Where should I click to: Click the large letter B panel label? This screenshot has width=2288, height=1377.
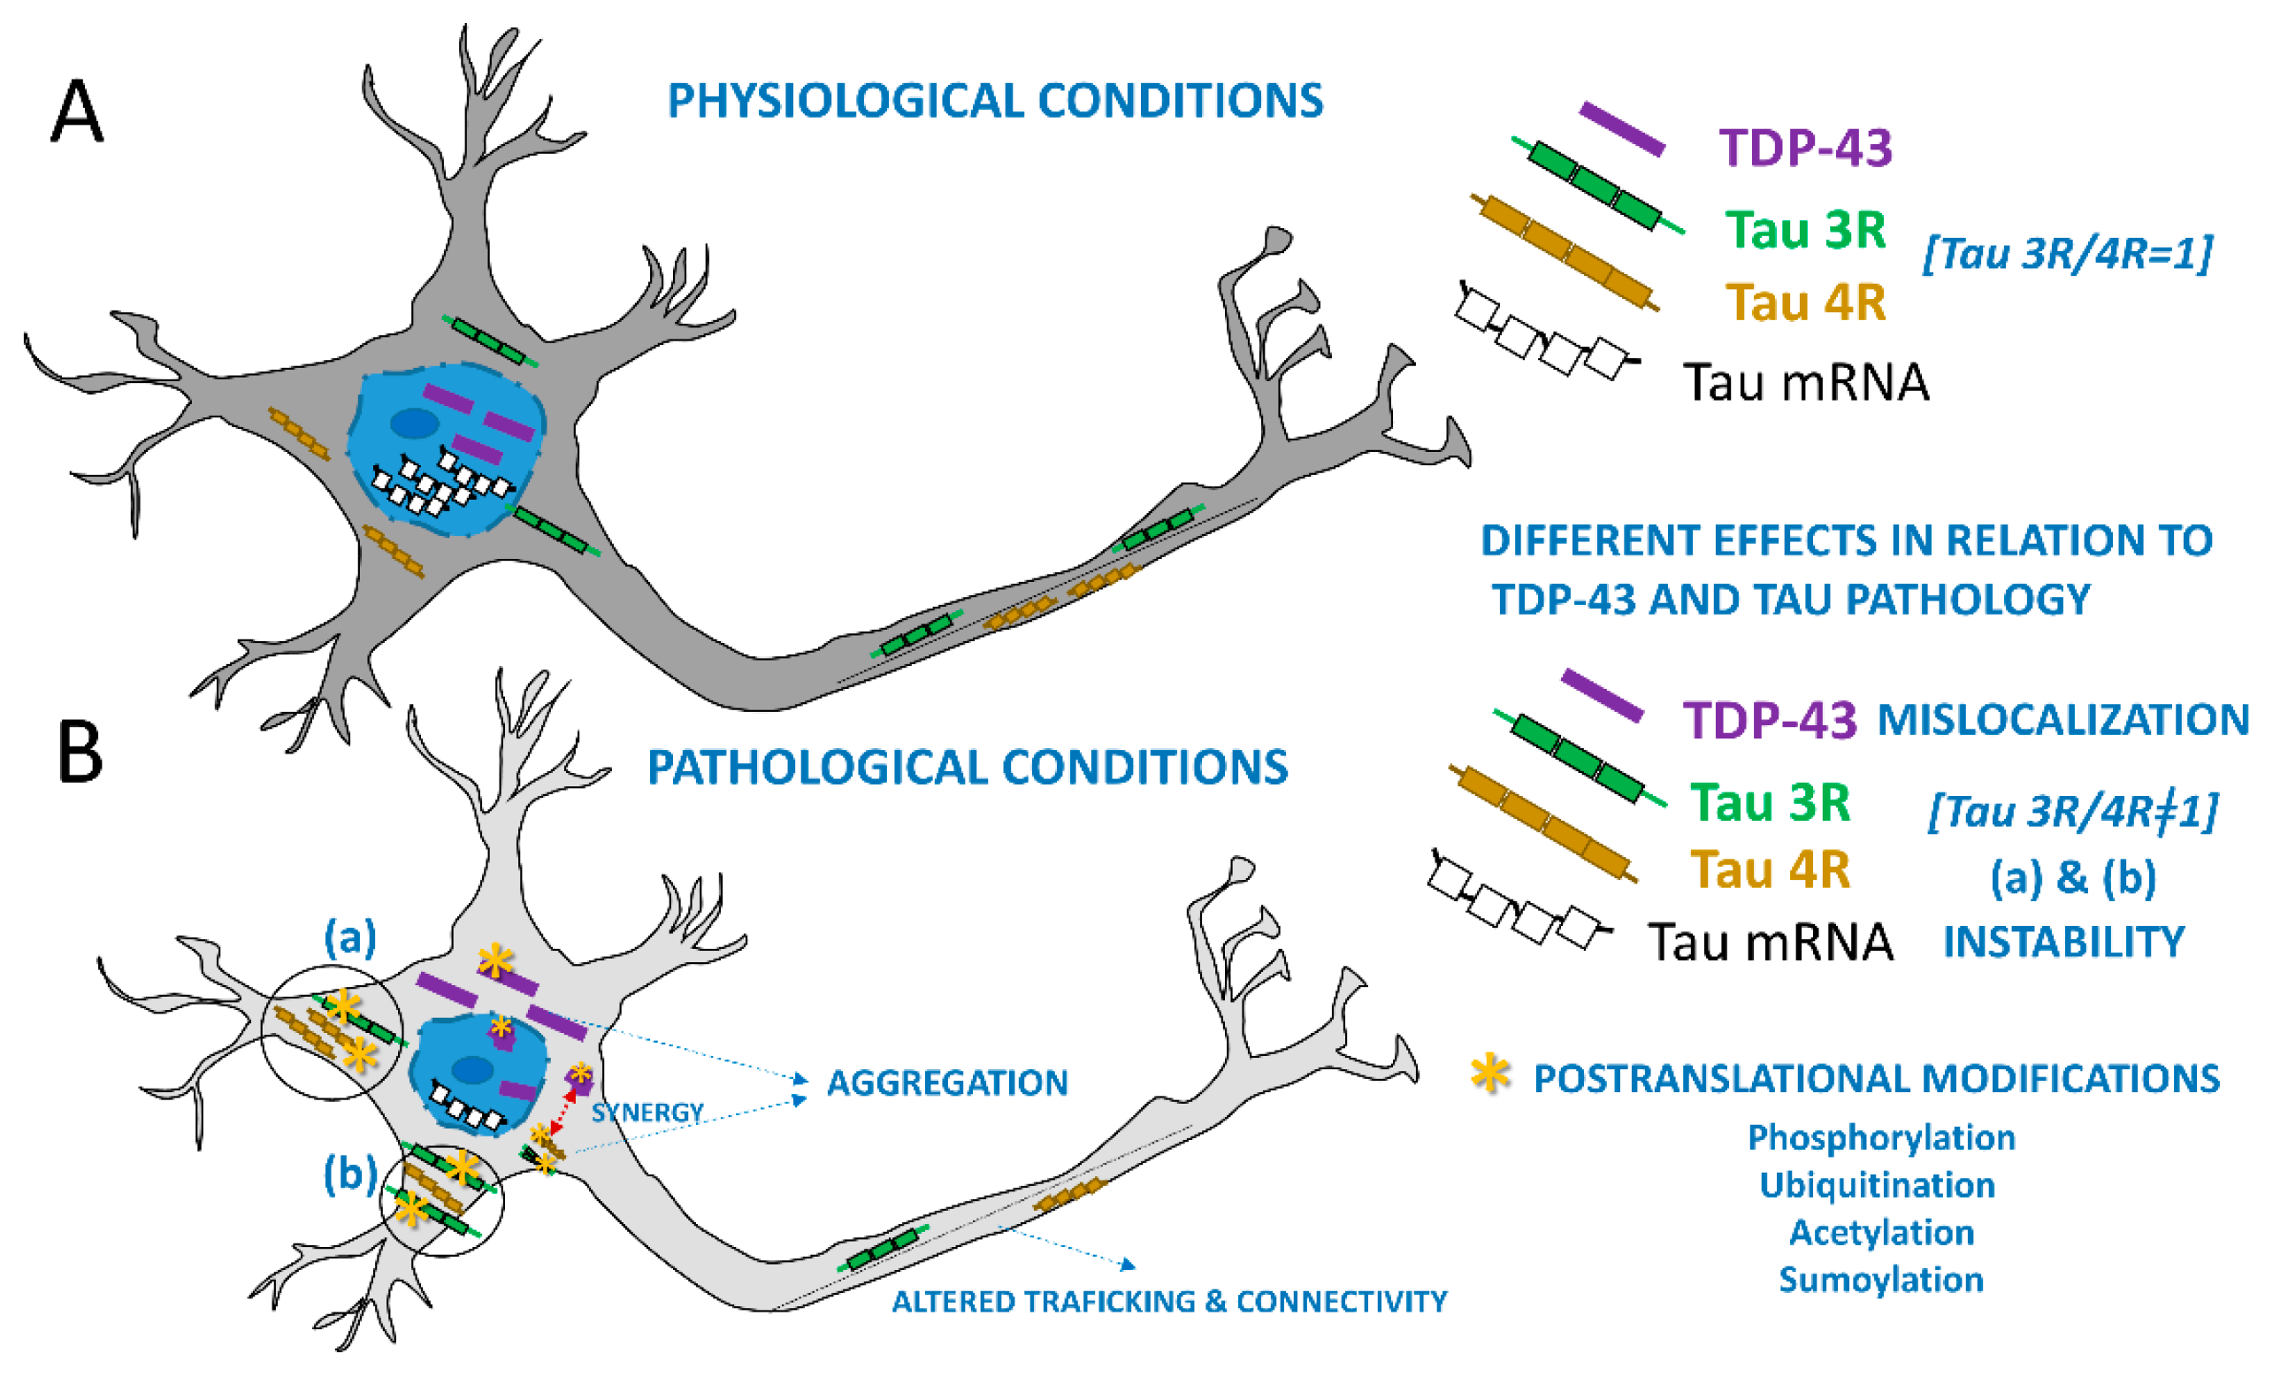[80, 753]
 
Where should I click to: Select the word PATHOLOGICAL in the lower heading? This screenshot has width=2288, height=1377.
[816, 769]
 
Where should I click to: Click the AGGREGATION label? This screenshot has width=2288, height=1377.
[946, 1082]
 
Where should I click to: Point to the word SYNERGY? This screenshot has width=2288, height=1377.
[647, 1112]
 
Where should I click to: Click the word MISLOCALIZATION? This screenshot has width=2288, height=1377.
[2063, 720]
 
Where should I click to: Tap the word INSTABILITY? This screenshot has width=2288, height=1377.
[2063, 943]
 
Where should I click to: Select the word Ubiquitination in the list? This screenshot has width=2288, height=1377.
[1877, 1185]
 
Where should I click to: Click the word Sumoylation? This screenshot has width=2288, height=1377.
[1880, 1280]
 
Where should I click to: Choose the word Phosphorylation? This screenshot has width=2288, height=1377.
[1880, 1137]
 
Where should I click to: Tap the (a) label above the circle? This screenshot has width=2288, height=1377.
[349, 939]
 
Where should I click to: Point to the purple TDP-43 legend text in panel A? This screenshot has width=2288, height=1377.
[1804, 149]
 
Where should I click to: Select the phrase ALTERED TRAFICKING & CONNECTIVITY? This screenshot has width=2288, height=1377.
[1169, 1302]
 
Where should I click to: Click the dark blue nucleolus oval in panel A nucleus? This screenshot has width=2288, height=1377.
[414, 424]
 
